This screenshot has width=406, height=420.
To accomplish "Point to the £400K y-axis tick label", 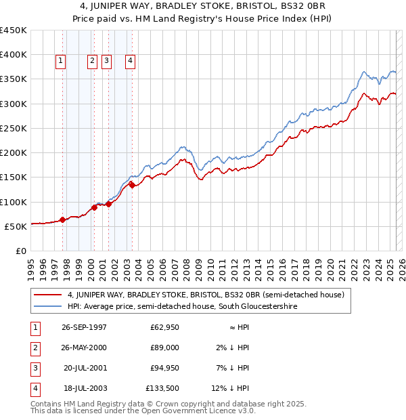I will click(13, 55).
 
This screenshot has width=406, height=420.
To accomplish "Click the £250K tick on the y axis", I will click(13, 128).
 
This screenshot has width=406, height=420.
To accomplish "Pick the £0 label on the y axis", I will click(20, 251).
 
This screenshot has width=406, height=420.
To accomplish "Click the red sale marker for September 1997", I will click(62, 219).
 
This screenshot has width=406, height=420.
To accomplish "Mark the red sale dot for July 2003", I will click(132, 185).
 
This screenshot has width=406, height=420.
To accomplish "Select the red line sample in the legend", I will click(47, 295).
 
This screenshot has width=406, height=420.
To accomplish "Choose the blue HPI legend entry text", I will click(182, 306).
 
